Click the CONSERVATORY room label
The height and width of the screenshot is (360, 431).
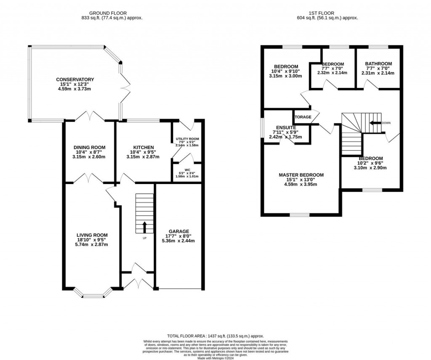(76, 80)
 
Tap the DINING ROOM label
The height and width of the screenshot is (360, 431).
(88, 147)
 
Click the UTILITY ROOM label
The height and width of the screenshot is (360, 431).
(187, 139)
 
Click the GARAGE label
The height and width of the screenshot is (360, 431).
(179, 231)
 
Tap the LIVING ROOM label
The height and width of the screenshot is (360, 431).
(92, 235)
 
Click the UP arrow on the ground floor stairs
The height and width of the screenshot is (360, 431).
(144, 227)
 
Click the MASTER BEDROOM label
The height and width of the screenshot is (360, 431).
(301, 175)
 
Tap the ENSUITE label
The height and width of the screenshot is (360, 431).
(286, 127)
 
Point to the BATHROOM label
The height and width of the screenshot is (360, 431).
(378, 64)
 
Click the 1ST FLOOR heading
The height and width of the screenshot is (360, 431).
(321, 13)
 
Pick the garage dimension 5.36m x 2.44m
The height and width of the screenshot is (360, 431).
(179, 241)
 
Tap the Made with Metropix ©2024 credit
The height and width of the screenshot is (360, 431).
(215, 357)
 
